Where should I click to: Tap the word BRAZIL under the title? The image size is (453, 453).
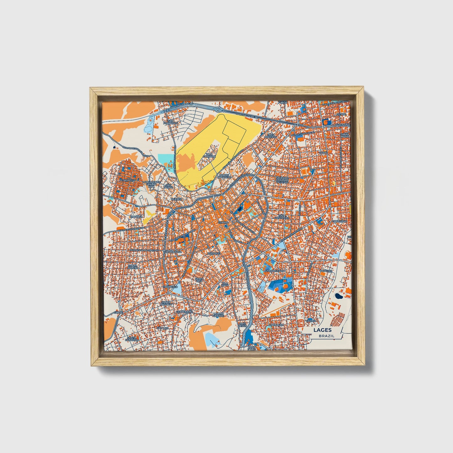(326, 336)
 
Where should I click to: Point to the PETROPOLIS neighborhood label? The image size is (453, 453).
(127, 181)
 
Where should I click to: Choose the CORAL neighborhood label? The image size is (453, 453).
(323, 153)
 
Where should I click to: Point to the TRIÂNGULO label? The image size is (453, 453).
(170, 287)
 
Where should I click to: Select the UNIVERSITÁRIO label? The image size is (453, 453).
(275, 270)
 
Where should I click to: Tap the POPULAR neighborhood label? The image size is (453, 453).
(326, 270)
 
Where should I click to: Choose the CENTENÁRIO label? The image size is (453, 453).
(184, 312)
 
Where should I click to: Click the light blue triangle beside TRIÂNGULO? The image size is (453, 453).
(176, 291)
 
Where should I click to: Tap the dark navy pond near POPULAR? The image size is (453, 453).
(339, 295)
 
